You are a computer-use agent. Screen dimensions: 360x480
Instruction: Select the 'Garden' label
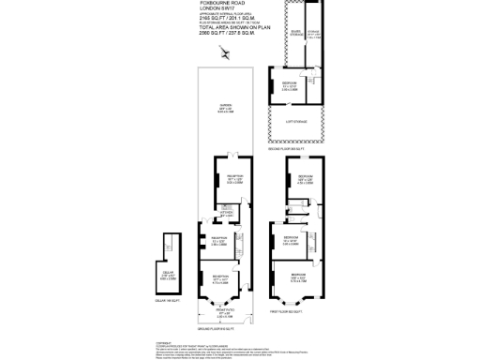coord(225,105)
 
